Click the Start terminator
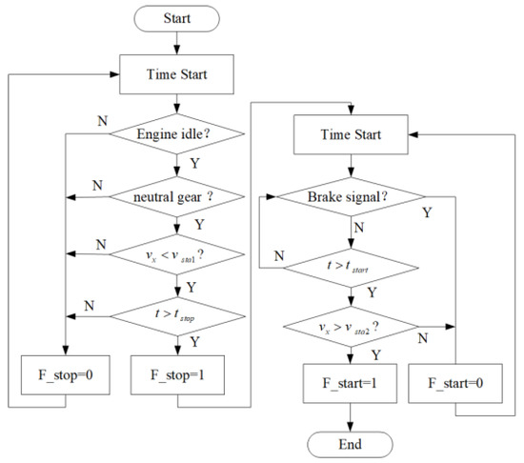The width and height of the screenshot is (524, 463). pyautogui.click(x=176, y=18)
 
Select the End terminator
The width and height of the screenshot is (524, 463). pyautogui.click(x=349, y=443)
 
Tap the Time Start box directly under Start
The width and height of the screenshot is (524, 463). pyautogui.click(x=176, y=72)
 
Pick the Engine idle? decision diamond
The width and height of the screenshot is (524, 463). pyautogui.click(x=176, y=134)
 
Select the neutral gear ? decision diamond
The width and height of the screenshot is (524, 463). pyautogui.click(x=176, y=199)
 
